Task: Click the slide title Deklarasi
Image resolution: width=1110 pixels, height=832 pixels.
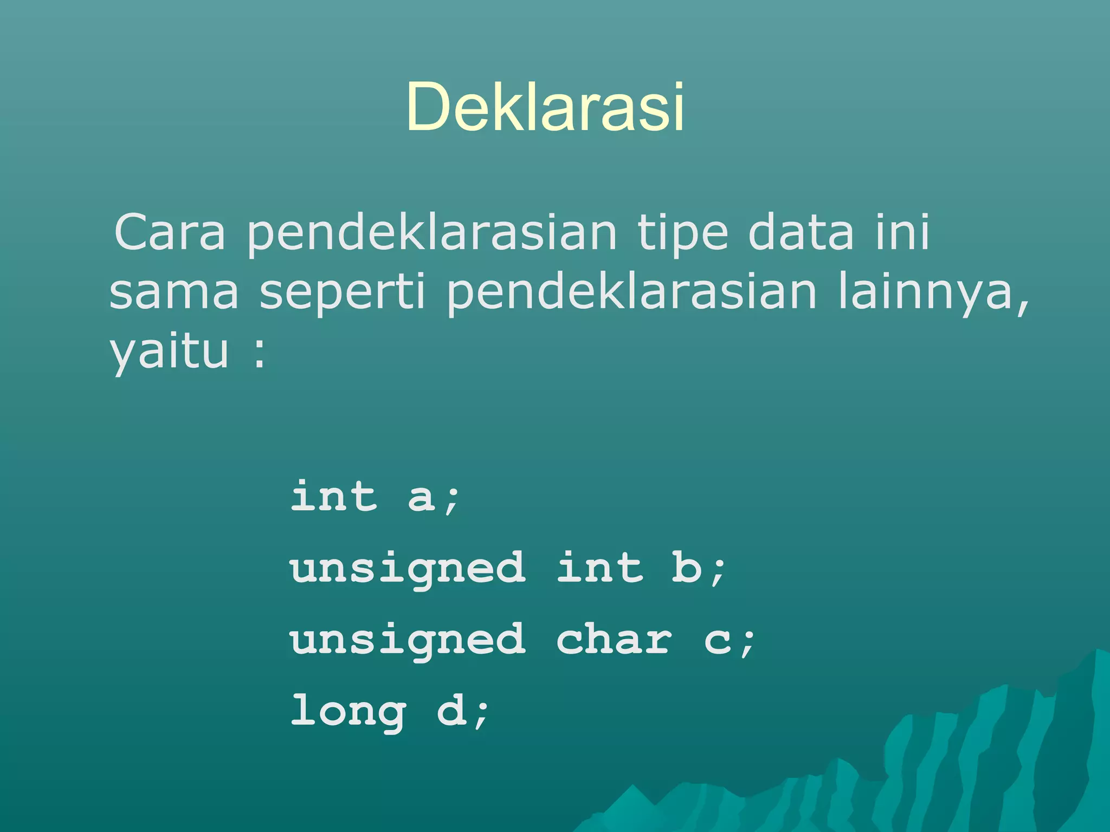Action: (545, 107)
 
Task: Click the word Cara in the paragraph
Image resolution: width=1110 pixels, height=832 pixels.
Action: (170, 232)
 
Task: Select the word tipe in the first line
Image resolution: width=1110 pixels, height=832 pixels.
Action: (682, 233)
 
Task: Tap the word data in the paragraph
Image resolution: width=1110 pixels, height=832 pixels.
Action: (801, 232)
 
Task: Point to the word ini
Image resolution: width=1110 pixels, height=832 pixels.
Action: (903, 232)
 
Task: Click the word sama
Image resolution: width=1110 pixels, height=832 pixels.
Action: (173, 292)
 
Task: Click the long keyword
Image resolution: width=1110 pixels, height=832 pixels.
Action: (348, 711)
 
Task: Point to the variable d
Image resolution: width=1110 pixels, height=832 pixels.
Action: (451, 711)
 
